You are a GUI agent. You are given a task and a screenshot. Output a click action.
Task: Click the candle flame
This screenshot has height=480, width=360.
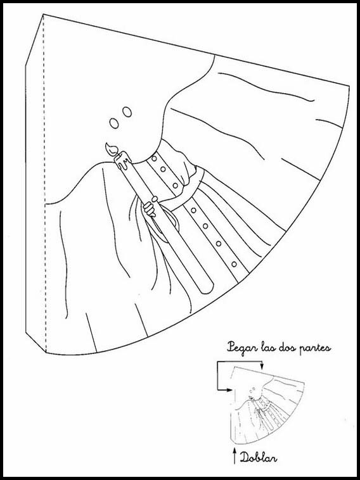point(111,149)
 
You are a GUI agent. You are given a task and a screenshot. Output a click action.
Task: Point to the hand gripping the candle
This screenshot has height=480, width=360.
point(151,208)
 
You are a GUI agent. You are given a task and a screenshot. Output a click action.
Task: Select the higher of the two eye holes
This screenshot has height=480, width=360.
point(127,111)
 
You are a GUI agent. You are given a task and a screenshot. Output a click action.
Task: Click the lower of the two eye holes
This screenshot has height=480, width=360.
point(114,123)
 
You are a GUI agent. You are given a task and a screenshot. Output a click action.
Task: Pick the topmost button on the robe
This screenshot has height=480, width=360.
point(154,158)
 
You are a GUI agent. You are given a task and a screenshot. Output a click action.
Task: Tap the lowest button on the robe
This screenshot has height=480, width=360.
point(234,264)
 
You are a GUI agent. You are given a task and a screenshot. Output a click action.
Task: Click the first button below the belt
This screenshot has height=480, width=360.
point(193,210)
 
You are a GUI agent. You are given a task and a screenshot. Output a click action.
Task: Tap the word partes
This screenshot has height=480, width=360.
point(316,349)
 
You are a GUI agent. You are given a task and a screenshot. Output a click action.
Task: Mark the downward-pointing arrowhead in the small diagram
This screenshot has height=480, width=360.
point(262,367)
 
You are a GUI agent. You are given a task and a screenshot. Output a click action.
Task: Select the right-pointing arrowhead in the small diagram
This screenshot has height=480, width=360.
point(229,390)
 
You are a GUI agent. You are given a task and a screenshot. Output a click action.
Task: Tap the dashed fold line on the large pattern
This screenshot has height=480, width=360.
point(44,183)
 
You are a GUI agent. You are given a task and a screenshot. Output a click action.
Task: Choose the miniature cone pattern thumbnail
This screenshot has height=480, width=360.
point(267,405)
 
